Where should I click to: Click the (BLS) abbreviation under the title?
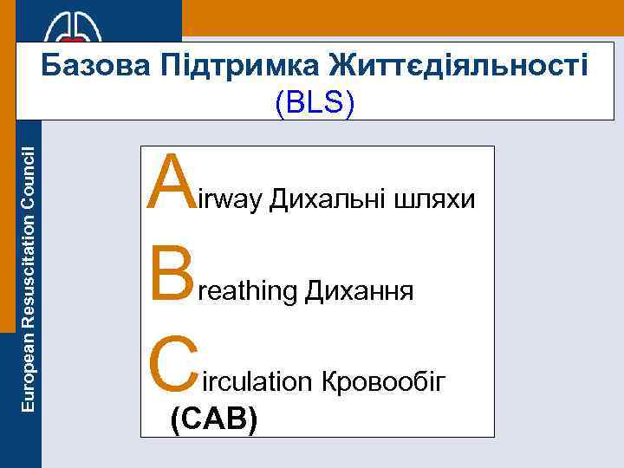314,104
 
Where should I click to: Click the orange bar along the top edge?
399,17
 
